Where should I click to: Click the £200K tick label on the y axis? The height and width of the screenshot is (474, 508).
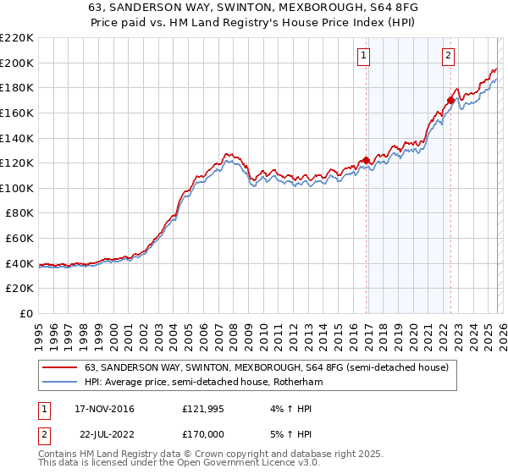click(x=17, y=63)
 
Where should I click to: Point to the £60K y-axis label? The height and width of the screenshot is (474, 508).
click(x=19, y=238)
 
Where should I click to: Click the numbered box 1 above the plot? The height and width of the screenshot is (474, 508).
click(x=363, y=57)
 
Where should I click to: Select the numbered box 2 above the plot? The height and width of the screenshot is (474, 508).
click(x=448, y=57)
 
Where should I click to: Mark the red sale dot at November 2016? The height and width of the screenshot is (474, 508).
click(x=366, y=160)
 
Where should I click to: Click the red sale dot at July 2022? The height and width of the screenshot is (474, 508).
click(x=450, y=100)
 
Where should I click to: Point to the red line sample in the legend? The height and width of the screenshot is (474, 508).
click(x=59, y=368)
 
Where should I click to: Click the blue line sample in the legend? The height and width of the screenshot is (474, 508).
click(x=59, y=383)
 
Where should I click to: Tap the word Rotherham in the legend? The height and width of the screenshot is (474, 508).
click(x=297, y=383)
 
